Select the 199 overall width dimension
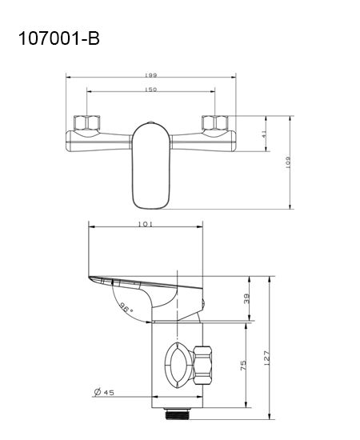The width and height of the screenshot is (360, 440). [x=150, y=74]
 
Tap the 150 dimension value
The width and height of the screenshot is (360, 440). [x=150, y=89]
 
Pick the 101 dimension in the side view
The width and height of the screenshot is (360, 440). [x=146, y=226]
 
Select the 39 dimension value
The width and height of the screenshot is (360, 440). [x=246, y=299]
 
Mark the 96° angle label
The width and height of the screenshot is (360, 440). [x=126, y=306]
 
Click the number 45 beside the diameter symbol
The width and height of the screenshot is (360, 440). [x=110, y=392]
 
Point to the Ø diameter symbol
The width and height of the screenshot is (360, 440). [x=96, y=392]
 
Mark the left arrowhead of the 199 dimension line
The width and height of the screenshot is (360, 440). [x=67, y=78]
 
